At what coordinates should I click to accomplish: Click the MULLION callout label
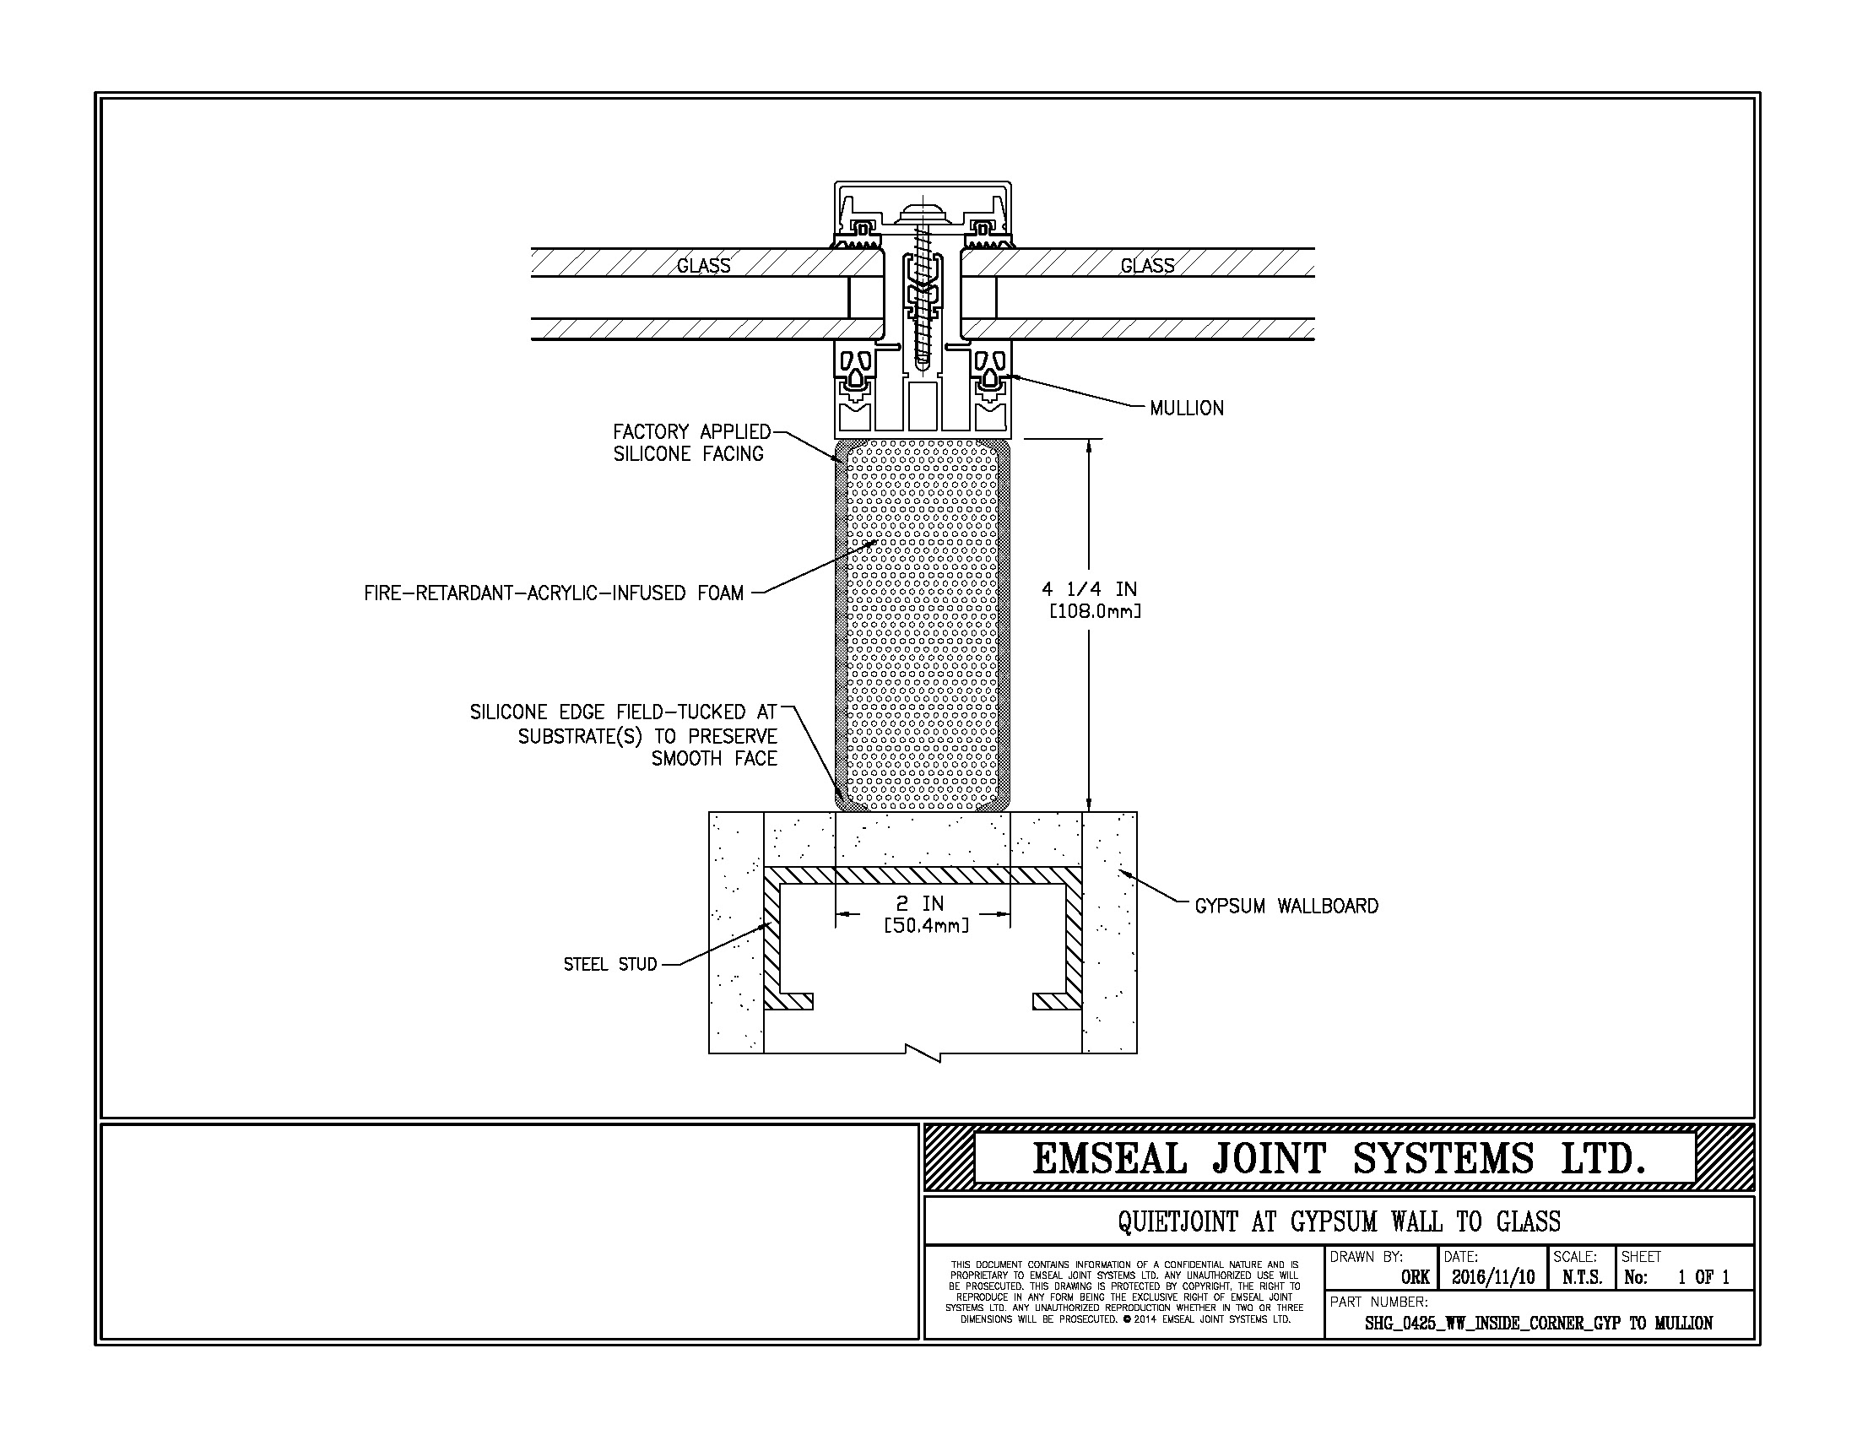coord(1186,408)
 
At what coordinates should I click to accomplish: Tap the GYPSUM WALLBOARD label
coord(1286,907)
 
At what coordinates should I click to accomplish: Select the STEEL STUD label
coord(610,964)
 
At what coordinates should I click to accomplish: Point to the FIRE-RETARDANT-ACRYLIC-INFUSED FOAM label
coord(554,593)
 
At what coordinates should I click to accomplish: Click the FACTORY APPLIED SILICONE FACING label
coord(692,443)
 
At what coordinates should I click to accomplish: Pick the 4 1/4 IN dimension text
coord(1089,589)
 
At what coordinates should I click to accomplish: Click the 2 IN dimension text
coord(922,903)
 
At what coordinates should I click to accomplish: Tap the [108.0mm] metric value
coord(1095,611)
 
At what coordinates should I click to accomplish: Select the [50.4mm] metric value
coord(926,925)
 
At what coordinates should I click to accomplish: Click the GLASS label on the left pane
coord(703,266)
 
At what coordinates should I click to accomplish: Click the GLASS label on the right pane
coord(1147,266)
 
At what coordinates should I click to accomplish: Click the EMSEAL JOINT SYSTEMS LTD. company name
coord(1340,1159)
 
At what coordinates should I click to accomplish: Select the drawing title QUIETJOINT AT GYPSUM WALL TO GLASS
coord(1340,1221)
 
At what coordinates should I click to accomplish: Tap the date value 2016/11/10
coord(1493,1277)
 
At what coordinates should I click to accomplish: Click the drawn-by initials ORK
coord(1415,1277)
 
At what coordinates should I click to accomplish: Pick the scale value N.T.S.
coord(1582,1277)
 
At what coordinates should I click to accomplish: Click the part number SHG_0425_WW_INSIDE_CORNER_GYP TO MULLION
coord(1538,1324)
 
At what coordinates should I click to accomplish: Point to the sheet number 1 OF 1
coord(1703,1277)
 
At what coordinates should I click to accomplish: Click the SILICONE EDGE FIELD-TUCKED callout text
coord(624,735)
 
